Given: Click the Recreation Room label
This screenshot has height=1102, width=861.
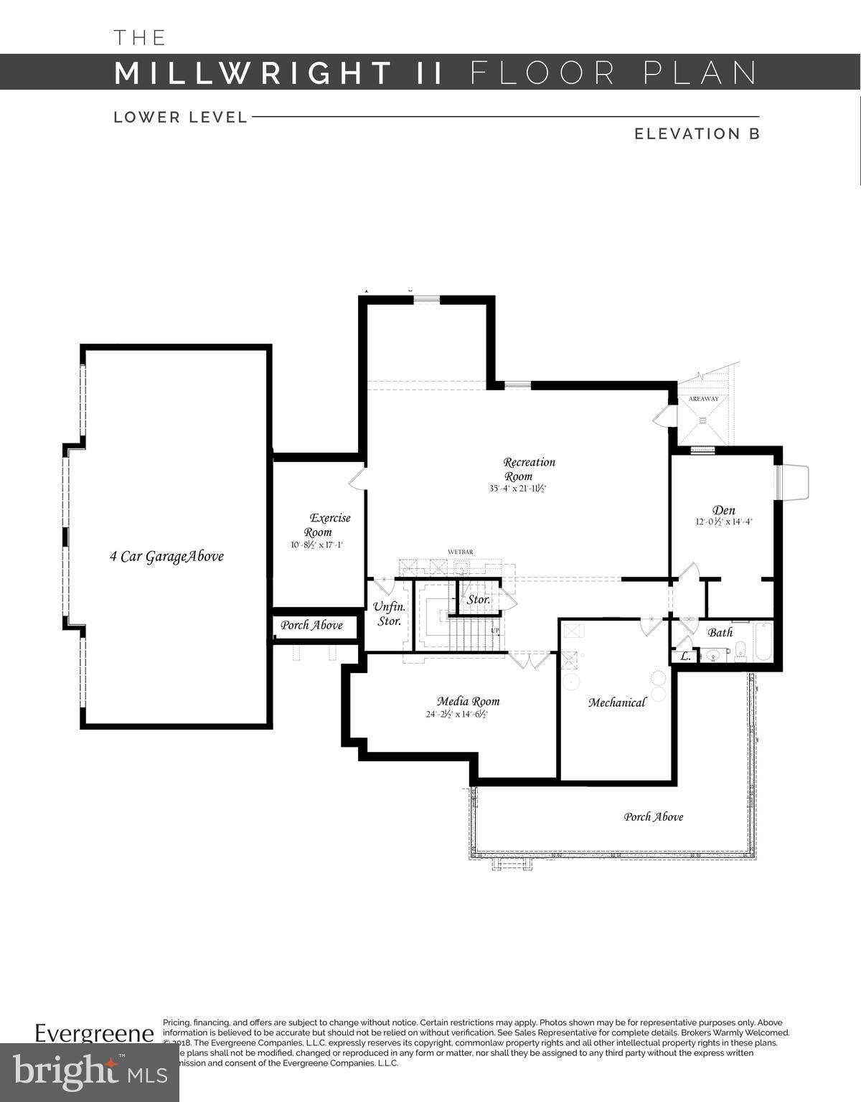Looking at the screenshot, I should point(529,469).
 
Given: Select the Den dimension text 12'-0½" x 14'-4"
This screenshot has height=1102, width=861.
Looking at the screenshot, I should point(723,522).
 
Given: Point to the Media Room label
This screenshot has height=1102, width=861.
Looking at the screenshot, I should point(468,701).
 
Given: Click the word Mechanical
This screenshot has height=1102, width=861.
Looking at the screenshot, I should point(617,702).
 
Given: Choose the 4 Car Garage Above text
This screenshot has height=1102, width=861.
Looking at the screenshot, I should point(166,556).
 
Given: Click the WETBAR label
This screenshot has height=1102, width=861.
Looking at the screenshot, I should point(460,552).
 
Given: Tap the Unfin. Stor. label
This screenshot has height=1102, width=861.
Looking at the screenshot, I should point(390,614).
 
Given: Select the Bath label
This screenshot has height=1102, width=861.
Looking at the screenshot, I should point(720,633).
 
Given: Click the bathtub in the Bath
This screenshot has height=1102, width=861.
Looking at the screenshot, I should point(762,643).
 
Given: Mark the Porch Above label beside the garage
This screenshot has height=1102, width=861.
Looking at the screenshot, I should point(311,625).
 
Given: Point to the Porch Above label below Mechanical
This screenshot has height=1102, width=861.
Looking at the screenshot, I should point(653,816).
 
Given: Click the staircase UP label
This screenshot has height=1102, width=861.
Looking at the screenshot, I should point(495,631).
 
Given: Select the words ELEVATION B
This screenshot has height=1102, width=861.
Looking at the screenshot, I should point(696,133).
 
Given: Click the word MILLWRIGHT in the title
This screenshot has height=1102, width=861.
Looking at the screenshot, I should point(253,73).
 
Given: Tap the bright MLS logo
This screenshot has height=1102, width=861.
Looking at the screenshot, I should point(90,1072).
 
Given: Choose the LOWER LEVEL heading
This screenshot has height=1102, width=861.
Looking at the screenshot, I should point(180,117).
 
